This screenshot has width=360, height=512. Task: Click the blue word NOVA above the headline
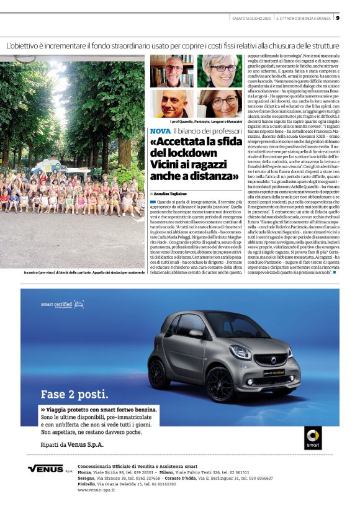pyautogui.click(x=159, y=132)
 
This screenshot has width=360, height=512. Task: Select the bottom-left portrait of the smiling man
pyautogui.click(x=172, y=104)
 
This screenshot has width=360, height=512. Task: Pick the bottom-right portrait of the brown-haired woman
pyautogui.click(x=218, y=104)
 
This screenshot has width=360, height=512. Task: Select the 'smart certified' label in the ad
pyautogui.click(x=56, y=305)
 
